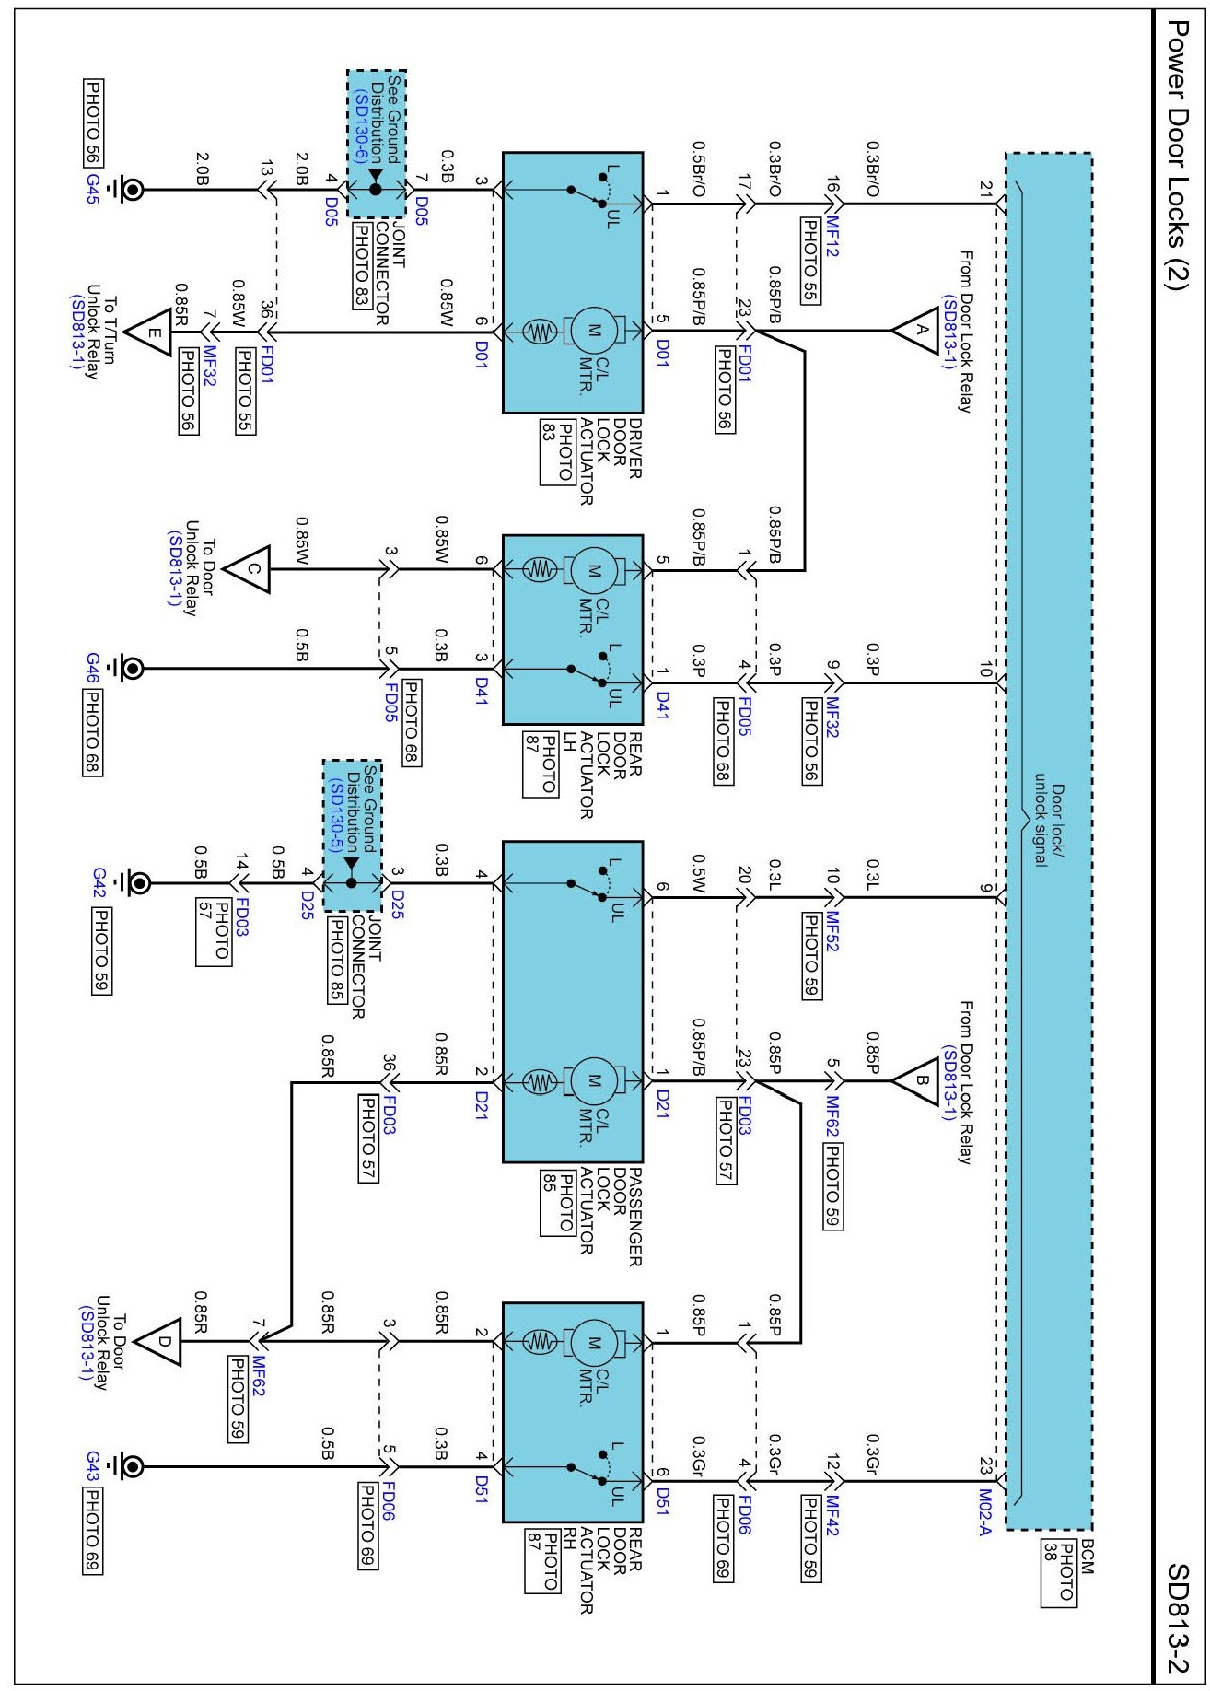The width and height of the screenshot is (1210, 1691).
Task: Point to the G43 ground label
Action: (x=92, y=1466)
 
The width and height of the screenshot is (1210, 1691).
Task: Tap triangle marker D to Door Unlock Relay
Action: (x=158, y=1341)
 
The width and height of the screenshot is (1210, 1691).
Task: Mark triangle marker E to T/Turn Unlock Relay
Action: (x=147, y=332)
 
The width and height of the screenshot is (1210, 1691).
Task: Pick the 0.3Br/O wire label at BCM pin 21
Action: (x=873, y=169)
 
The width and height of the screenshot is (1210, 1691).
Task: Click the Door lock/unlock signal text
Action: (x=1050, y=824)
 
